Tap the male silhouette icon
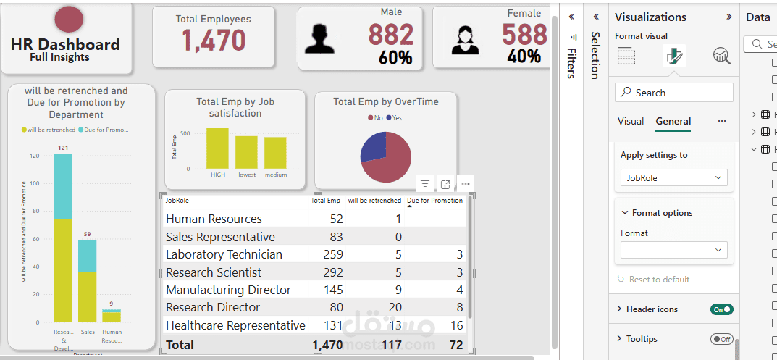pyautogui.click(x=319, y=38)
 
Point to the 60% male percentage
pyautogui.click(x=395, y=58)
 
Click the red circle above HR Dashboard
pyautogui.click(x=69, y=20)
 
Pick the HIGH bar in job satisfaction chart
pyautogui.click(x=217, y=148)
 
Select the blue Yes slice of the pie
pyautogui.click(x=374, y=146)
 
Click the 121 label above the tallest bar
pyautogui.click(x=63, y=148)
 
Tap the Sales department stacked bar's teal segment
pyautogui.click(x=88, y=256)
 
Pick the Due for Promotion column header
pyautogui.click(x=434, y=201)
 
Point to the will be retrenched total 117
pyautogui.click(x=391, y=345)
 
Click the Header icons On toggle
pyautogui.click(x=722, y=309)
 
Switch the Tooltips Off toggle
pyautogui.click(x=722, y=339)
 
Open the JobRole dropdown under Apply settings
pyautogui.click(x=674, y=177)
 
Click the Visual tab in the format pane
pyautogui.click(x=631, y=121)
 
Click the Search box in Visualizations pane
pyautogui.click(x=674, y=93)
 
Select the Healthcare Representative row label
pyautogui.click(x=235, y=325)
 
